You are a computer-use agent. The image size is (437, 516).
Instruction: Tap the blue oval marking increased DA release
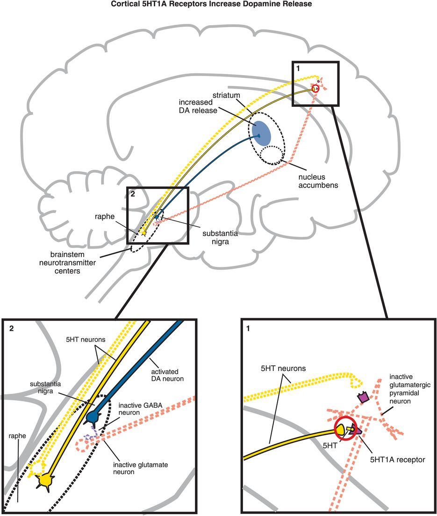(x=261, y=132)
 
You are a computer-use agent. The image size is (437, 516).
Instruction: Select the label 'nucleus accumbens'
(x=318, y=181)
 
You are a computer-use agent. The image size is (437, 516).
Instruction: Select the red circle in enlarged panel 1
(x=345, y=428)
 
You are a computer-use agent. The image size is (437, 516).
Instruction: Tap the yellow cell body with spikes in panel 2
(x=46, y=480)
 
